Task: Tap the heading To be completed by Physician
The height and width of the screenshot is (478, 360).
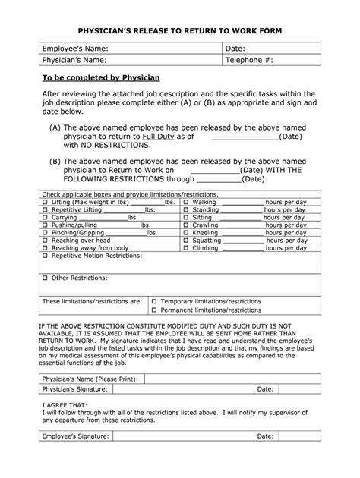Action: pos(99,79)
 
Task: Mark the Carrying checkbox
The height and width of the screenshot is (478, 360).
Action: pos(45,219)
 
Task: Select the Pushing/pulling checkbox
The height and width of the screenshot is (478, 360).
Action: pos(45,226)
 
